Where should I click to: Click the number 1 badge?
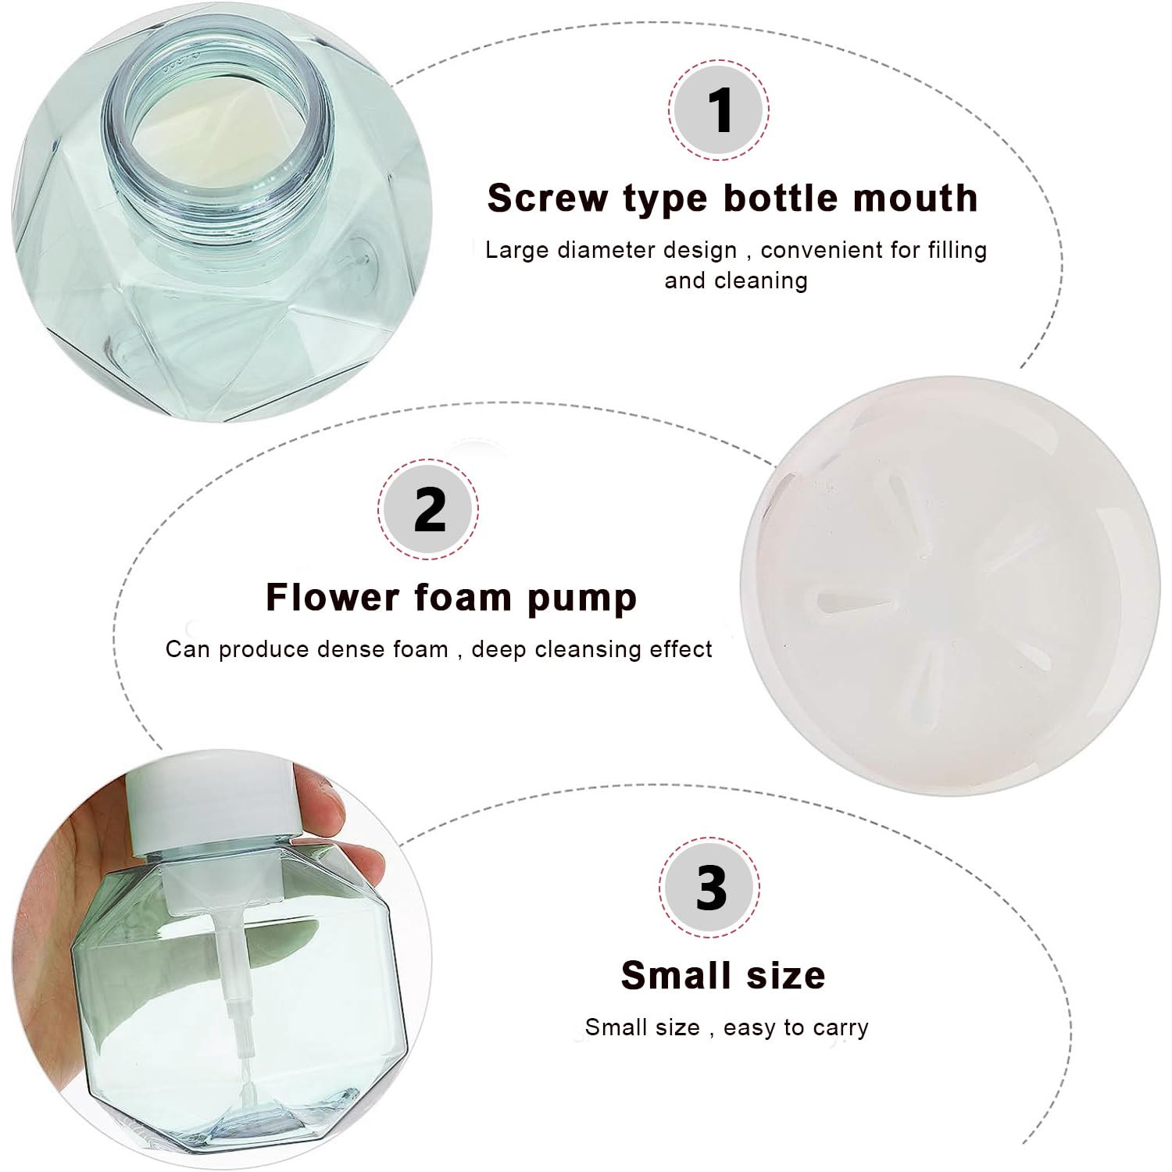[x=719, y=110]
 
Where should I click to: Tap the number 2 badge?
[x=428, y=509]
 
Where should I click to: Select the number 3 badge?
[x=709, y=888]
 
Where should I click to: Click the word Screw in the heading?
[x=547, y=198]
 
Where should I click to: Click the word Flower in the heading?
[x=333, y=598]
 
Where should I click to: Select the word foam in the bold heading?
[x=464, y=598]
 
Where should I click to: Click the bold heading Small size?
[x=723, y=975]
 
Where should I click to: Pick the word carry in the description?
[x=841, y=1027]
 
